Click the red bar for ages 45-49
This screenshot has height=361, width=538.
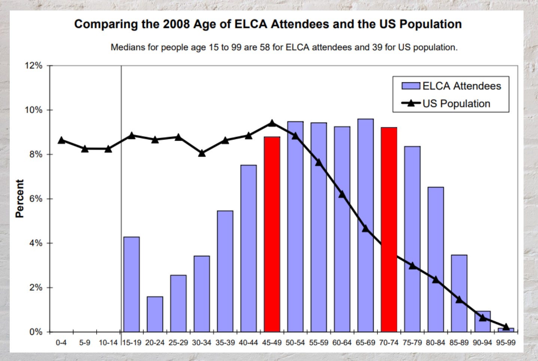272,234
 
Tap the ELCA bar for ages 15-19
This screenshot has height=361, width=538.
131,284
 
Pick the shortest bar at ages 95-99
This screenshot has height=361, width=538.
506,330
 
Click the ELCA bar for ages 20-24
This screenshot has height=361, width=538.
155,314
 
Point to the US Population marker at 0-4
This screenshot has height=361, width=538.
61,140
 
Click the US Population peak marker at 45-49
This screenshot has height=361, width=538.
272,123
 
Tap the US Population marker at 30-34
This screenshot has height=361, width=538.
202,153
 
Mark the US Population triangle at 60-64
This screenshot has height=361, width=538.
342,194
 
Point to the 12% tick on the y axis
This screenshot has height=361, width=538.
34,66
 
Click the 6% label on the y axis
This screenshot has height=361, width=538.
36,199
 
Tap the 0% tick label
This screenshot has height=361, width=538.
36,332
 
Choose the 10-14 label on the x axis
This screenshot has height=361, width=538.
108,343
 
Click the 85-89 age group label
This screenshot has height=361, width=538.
459,343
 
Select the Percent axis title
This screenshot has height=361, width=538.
19,198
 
